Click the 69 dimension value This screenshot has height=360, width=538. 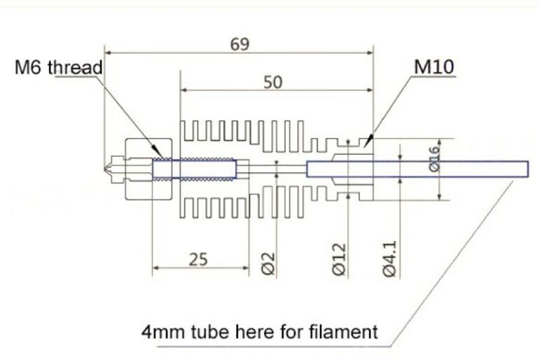[x=240, y=44]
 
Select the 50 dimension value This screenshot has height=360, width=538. [x=273, y=83]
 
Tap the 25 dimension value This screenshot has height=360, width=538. [x=198, y=259]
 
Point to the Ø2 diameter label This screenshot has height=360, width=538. [x=268, y=263]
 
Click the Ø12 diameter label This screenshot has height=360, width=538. [x=339, y=259]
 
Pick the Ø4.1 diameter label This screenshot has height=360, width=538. [x=389, y=258]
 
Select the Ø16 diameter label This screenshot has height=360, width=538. [x=434, y=158]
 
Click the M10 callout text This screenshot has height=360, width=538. [x=434, y=67]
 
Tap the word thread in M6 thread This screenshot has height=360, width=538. [x=75, y=67]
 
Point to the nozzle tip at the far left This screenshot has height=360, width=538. [x=104, y=169]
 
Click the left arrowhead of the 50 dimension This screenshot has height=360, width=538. [x=184, y=90]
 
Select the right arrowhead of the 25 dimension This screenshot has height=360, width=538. [x=245, y=268]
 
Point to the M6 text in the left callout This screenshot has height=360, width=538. [x=29, y=67]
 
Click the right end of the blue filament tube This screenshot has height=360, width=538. [x=528, y=169]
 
